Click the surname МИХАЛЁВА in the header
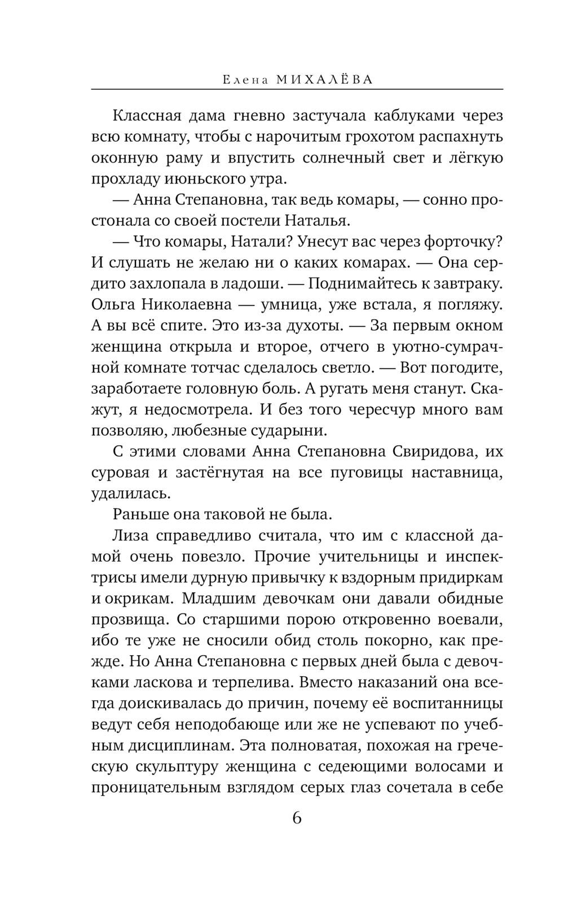click(325, 80)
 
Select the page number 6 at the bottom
click(297, 818)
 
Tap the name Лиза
click(129, 536)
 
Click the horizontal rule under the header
click(297, 89)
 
